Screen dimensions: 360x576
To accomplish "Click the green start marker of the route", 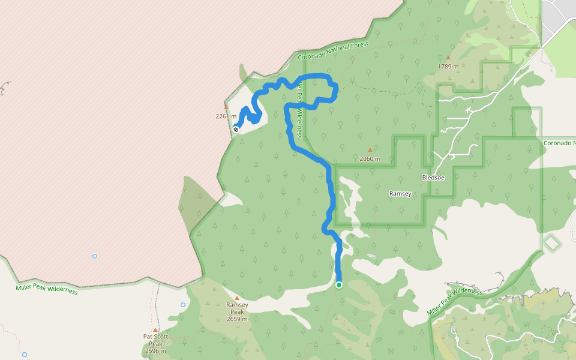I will click(x=339, y=285).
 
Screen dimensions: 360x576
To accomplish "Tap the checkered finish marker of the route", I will click(x=236, y=128).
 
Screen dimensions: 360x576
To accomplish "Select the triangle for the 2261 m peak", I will click(x=226, y=108).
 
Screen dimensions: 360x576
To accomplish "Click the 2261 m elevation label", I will click(x=226, y=116).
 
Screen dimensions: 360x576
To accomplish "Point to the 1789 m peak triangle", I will click(x=448, y=58).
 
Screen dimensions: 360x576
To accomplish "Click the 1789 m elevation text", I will click(x=448, y=67).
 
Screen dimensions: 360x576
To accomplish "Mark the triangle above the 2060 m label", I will click(x=370, y=151).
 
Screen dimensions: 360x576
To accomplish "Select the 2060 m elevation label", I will click(x=370, y=159).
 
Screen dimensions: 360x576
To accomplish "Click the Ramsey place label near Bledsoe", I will click(x=400, y=194).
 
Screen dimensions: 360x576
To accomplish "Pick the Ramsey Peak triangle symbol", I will click(x=237, y=298).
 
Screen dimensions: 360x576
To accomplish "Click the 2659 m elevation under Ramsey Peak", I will click(x=237, y=319).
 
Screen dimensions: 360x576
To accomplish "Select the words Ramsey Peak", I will click(x=237, y=308).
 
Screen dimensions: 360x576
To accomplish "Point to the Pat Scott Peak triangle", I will click(x=155, y=330).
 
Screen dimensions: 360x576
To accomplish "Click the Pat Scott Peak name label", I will click(x=155, y=340).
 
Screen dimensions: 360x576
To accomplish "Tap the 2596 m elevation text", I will click(x=155, y=351).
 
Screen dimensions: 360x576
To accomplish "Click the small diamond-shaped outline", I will click(x=551, y=243).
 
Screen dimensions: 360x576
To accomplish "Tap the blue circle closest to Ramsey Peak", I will click(x=183, y=305).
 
